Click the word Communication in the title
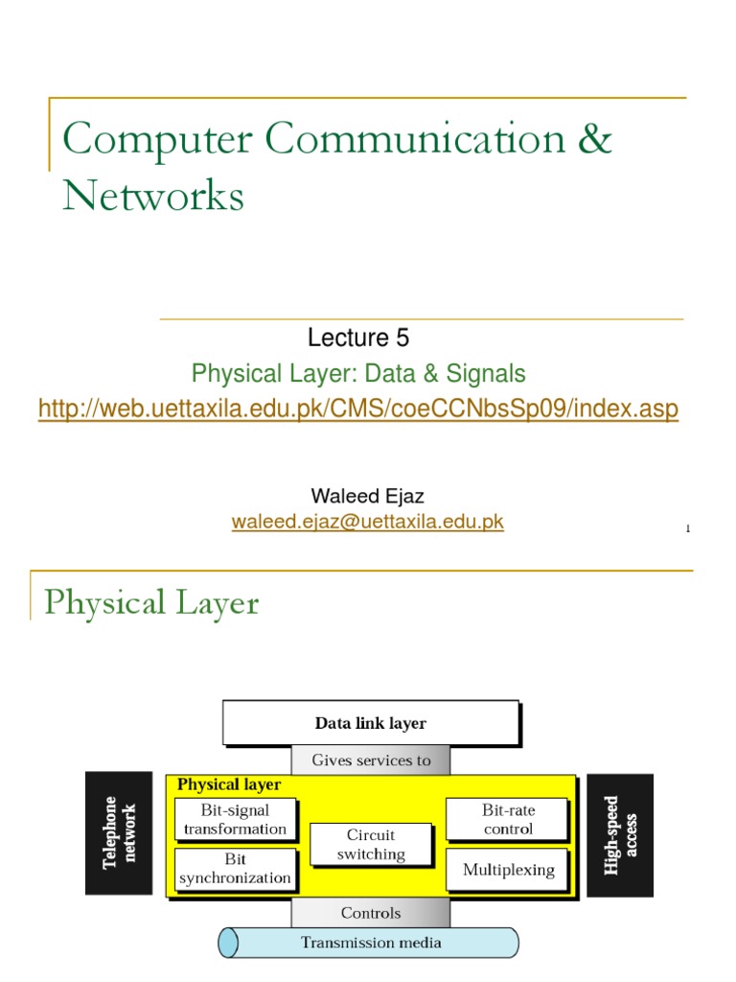coord(416,139)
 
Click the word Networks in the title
coord(153,197)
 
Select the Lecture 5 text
coord(358,338)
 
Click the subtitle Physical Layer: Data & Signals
coord(358,373)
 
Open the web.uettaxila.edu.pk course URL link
coord(358,409)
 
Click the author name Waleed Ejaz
coord(367,496)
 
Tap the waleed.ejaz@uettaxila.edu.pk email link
coord(367,522)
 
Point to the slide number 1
coord(688,528)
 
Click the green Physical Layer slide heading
coord(151,603)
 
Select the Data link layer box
coord(370,723)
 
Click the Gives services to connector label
coord(371,760)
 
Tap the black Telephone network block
coord(119,833)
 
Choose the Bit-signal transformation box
coord(235,820)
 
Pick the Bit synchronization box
coord(235,869)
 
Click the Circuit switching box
coord(371,845)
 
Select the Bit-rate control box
coord(507,820)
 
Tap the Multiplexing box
coord(508,870)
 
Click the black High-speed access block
coord(620,835)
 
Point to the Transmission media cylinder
coord(371,943)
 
